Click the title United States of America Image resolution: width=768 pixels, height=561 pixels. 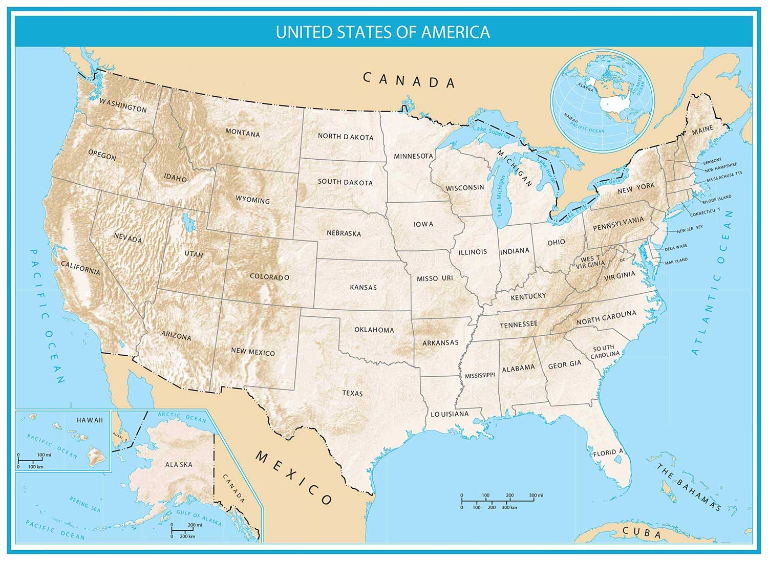coord(382,32)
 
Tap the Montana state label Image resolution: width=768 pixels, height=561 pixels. coord(243,133)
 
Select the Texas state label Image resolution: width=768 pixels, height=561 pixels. coord(352,393)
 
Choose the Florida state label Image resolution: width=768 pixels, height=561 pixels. coord(608,452)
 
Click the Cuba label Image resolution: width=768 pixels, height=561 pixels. coord(642,533)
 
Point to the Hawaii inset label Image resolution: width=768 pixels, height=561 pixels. coord(90,420)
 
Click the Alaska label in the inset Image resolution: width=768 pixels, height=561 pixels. coord(179,464)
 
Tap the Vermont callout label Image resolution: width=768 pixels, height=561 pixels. coord(712,160)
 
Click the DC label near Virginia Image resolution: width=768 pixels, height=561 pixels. coord(623,260)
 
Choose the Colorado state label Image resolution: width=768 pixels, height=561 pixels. coord(269,277)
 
